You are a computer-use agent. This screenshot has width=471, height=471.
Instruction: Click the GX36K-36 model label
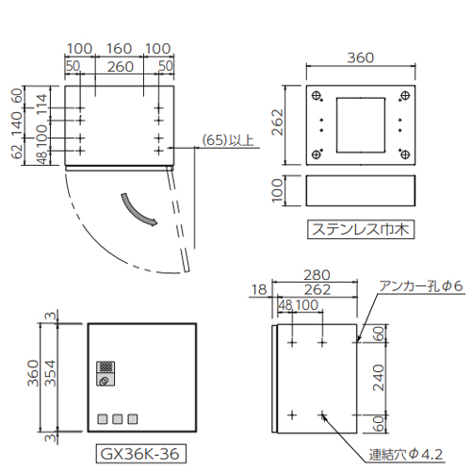[140, 453]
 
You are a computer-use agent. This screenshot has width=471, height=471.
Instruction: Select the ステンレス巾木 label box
[361, 230]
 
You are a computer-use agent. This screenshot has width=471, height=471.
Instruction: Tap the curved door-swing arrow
[138, 210]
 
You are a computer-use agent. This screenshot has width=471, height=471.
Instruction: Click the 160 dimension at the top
[119, 49]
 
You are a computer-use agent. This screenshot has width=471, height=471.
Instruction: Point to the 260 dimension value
[121, 67]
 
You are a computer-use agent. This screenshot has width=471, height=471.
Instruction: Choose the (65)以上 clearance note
[228, 140]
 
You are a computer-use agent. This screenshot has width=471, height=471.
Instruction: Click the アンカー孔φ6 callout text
[421, 286]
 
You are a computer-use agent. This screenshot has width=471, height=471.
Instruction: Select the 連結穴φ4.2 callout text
[406, 454]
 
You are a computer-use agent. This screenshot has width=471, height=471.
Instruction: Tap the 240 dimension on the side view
[379, 378]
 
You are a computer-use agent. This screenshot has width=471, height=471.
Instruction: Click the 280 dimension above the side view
[317, 275]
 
